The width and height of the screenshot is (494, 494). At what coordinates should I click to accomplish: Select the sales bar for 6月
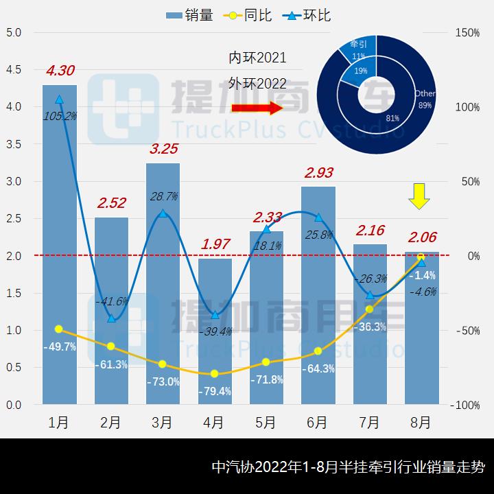coord(318,295)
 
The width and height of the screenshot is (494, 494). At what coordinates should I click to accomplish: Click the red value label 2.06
coord(421,237)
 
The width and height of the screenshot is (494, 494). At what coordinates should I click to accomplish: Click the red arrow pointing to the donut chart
coord(257,108)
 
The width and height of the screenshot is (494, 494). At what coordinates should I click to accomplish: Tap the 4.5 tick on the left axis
coord(13,69)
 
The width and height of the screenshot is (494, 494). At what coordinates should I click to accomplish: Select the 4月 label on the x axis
coord(214,423)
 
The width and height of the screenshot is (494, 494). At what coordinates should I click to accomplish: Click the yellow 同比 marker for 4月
coord(215,374)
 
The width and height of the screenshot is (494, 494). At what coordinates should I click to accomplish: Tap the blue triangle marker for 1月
coord(60,99)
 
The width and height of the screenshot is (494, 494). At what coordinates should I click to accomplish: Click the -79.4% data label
coord(214,392)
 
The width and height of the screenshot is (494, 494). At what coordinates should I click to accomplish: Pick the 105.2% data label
coord(60,116)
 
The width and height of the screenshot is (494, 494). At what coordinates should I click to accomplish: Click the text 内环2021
coord(257,58)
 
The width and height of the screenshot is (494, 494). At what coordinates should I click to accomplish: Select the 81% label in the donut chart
coord(392,118)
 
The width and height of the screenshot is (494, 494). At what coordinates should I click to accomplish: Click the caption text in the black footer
coord(348,467)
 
